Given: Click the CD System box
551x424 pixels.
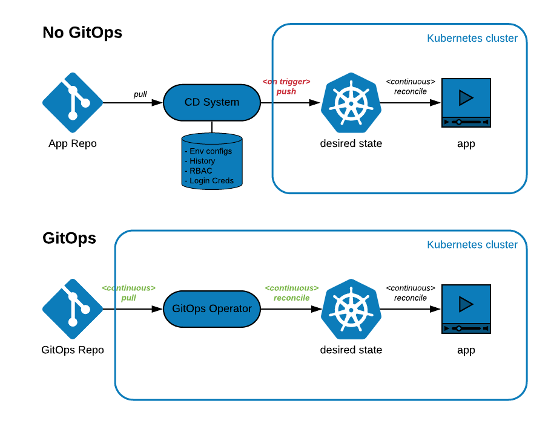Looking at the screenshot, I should click(212, 103).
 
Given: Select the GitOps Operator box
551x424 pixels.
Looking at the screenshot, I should click(212, 309).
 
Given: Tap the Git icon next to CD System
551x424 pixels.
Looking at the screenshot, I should click(73, 103).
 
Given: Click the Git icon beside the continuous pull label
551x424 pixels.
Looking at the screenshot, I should click(73, 309).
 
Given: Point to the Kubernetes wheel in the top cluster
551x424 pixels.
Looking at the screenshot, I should click(351, 103).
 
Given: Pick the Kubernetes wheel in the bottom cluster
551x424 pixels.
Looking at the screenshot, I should click(351, 309).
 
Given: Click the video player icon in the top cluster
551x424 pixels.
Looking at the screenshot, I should click(466, 103).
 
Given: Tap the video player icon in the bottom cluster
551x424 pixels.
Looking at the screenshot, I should click(466, 309).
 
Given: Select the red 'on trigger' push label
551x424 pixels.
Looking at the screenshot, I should click(286, 86).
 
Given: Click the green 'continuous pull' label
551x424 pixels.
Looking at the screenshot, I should click(129, 293).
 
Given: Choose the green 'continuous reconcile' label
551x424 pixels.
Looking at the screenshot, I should click(292, 293).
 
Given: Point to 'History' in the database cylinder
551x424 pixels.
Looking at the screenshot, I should click(202, 161).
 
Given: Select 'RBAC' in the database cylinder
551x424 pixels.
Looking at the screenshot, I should click(201, 171).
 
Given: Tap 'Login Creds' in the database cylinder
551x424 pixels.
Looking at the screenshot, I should click(211, 181).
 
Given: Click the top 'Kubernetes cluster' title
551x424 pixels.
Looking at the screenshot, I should click(472, 39).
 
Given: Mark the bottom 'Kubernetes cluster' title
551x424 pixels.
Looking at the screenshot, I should click(472, 245).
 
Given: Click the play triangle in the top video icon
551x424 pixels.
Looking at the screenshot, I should click(466, 98).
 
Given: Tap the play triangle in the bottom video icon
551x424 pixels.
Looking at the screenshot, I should click(466, 304).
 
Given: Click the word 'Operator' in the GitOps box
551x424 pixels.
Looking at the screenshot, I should click(230, 309).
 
